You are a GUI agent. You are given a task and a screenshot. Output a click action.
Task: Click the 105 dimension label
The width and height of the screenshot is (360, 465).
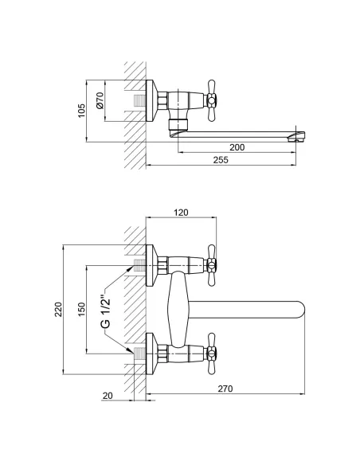click(x=81, y=111)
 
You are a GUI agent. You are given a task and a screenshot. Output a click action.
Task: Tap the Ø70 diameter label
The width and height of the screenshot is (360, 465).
click(x=100, y=100)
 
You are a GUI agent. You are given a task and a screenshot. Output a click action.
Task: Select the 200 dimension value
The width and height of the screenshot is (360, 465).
click(x=237, y=147)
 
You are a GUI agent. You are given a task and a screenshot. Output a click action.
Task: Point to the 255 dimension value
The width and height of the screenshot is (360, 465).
click(x=221, y=160)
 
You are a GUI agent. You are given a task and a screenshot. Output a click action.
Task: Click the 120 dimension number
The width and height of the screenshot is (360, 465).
click(x=181, y=213)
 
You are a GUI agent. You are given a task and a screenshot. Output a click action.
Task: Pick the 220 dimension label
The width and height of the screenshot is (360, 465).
click(x=58, y=309)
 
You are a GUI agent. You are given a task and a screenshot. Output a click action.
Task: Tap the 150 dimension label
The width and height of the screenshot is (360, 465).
click(x=81, y=309)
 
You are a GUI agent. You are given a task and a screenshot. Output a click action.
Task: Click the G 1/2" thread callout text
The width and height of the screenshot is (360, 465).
click(x=106, y=311)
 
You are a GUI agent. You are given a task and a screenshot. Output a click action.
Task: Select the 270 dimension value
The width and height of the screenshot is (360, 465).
click(x=225, y=389)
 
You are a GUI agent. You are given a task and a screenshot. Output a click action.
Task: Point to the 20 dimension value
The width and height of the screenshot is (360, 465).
click(x=108, y=396)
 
